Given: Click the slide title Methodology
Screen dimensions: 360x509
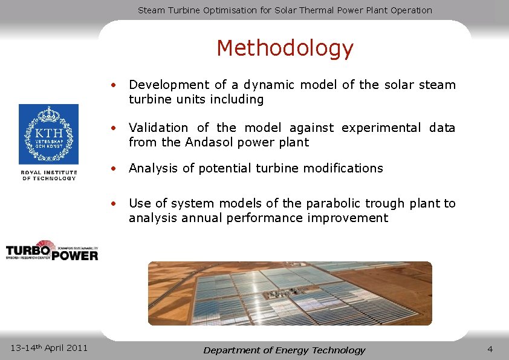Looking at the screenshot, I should click(285, 48).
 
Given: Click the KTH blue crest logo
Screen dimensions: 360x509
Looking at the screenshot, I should click(48, 134).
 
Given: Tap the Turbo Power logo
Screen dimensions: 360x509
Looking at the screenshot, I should click(51, 250).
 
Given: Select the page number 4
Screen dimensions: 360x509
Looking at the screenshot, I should click(490, 349).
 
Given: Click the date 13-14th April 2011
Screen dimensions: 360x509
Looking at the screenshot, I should click(50, 347).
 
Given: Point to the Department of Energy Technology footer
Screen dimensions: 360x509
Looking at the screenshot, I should click(284, 350).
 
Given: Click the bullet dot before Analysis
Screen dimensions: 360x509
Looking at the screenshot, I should click(113, 169).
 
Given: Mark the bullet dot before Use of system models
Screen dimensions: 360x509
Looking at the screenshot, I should click(113, 204).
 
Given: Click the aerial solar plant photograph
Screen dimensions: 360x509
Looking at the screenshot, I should click(290, 293).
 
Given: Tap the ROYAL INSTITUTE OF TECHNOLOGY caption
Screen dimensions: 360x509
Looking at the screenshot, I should click(49, 175).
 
